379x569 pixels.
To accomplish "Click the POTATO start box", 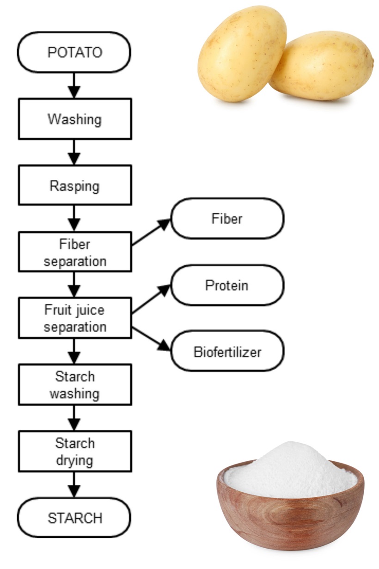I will [x=74, y=52].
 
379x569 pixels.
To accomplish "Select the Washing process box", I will [x=75, y=119].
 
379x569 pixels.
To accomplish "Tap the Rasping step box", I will [x=75, y=186].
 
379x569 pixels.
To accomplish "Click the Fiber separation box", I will [x=75, y=252].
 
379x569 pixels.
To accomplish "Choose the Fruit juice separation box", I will [x=75, y=318].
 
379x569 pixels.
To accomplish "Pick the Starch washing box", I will [x=75, y=384].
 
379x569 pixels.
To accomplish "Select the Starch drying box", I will [x=75, y=451].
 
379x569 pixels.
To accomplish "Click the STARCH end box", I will [x=74, y=518].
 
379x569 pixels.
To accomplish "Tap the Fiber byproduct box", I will [x=227, y=219].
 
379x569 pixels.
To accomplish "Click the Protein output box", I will [x=227, y=285].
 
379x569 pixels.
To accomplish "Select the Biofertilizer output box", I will [x=227, y=352].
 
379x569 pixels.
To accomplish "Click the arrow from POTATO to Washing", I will [x=74, y=85].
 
